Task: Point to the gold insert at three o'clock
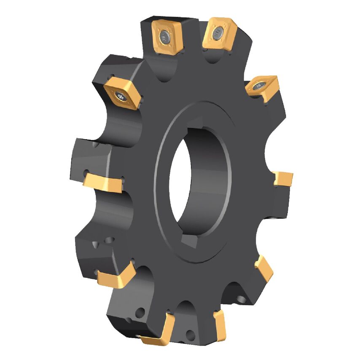[283, 180]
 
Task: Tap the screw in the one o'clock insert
[218, 31]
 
